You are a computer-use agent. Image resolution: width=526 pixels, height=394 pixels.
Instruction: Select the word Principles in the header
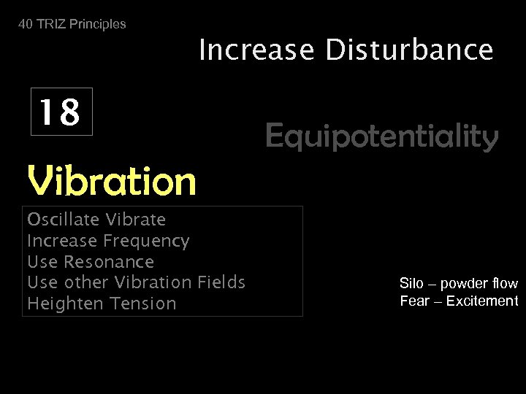point(96,24)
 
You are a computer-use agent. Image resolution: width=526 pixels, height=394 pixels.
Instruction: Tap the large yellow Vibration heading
point(111,181)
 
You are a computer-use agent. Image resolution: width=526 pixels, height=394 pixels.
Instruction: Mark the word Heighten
point(61,304)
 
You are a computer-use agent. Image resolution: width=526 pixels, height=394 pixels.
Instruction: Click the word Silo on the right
point(411,283)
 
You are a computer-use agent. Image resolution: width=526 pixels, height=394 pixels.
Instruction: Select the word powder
point(464,283)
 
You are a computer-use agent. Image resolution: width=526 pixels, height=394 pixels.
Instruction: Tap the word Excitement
point(483,301)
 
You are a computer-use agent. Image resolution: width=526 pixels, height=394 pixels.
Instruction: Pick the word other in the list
point(88,282)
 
